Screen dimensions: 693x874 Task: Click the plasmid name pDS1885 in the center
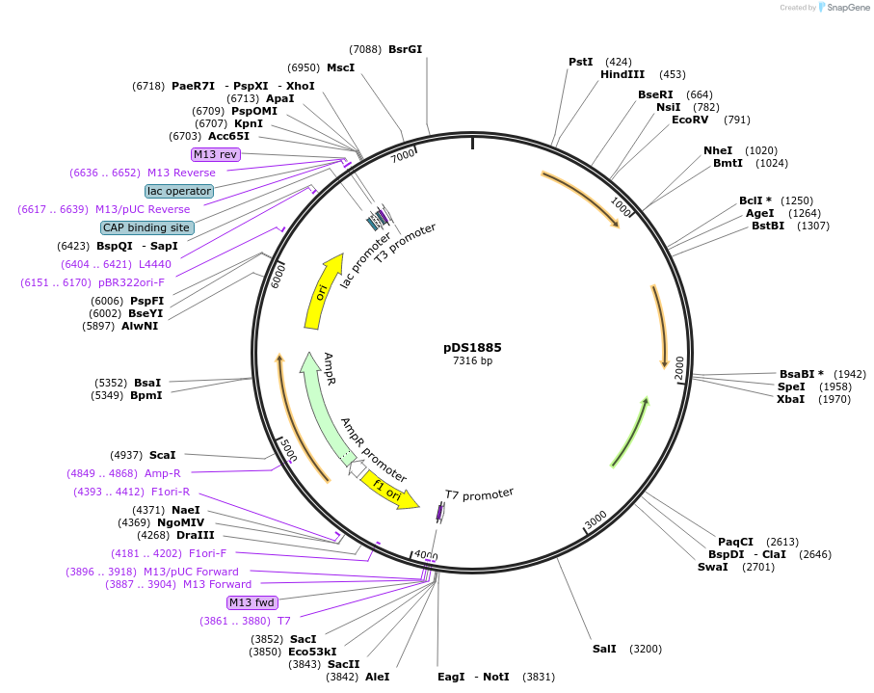472,347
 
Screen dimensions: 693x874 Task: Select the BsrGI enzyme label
405,49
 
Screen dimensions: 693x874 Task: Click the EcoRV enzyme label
690,120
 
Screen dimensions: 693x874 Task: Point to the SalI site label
604,649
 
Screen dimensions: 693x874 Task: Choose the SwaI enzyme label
712,567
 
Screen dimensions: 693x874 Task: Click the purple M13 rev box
216,154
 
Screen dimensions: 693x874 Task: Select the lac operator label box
179,191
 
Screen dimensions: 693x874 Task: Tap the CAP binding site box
147,227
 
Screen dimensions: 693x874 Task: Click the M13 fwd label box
252,602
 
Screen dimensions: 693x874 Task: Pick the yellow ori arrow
325,289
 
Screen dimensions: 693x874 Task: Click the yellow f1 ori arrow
390,489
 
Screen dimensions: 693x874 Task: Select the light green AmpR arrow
322,405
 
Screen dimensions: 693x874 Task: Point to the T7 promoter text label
479,494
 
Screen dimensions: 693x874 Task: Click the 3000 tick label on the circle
596,519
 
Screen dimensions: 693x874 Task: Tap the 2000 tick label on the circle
678,367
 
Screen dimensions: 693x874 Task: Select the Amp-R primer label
162,473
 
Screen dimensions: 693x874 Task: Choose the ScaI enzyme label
162,455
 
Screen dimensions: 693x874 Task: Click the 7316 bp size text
472,361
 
